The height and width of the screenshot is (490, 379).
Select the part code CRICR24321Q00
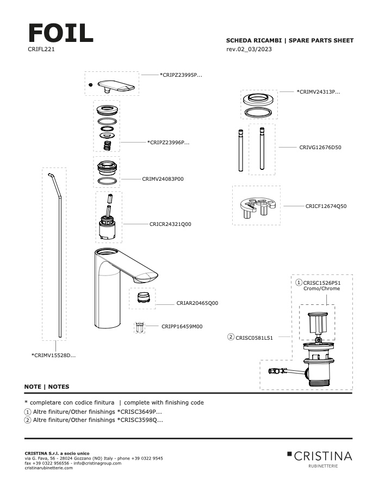170,224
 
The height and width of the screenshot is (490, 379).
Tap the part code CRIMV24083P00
163,179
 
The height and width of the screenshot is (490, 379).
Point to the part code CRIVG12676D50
320,147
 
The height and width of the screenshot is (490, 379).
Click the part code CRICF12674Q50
326,206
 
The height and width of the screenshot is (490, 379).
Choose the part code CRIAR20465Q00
197,303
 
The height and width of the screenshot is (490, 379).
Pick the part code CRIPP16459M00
182,327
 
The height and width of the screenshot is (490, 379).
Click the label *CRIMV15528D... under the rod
53,356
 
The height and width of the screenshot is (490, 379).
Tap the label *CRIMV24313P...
319,92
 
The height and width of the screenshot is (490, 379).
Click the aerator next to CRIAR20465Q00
141,297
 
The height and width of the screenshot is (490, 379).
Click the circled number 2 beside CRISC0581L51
231,338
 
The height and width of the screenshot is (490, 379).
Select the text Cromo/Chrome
321,289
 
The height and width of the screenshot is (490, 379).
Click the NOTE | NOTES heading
47,387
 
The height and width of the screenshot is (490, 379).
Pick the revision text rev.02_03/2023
249,50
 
